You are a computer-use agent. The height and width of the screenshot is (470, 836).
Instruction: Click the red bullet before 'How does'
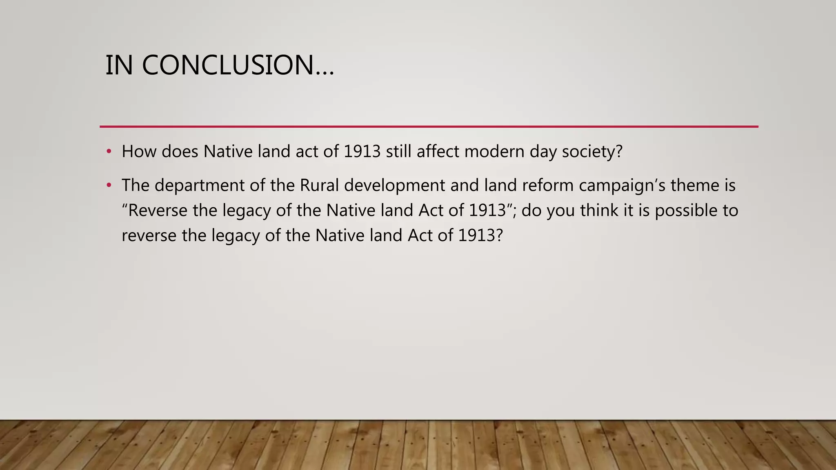tap(109, 151)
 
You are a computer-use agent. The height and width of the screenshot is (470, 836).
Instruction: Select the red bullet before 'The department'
tap(109, 185)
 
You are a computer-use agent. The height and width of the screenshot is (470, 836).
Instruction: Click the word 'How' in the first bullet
tap(139, 151)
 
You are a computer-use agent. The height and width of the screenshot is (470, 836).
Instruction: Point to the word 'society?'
tap(592, 151)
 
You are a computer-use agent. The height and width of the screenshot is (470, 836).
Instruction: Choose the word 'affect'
tap(438, 151)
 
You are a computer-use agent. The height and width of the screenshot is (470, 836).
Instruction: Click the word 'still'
tap(398, 151)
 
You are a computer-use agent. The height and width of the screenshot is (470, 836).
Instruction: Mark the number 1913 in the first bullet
tap(362, 151)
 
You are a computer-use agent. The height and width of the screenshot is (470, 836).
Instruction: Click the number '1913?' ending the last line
tap(480, 236)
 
